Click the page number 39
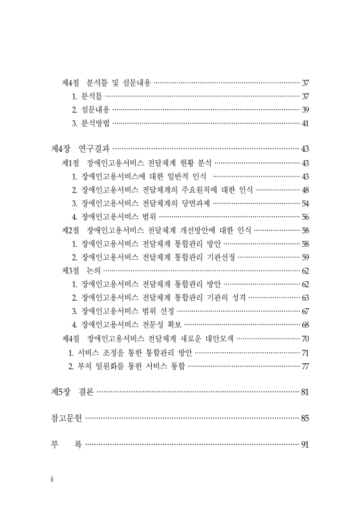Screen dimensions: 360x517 305,110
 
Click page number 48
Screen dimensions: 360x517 305,190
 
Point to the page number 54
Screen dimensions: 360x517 305,203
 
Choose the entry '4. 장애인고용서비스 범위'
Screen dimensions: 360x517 114,216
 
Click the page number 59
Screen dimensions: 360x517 305,257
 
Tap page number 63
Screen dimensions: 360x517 305,297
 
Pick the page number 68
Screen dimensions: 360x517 305,324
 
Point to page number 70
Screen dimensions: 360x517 305,338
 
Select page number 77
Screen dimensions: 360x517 305,366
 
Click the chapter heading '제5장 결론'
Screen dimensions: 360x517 72,392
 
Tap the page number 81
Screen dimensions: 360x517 305,392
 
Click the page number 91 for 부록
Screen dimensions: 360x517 305,445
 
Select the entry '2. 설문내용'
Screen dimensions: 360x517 91,110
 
